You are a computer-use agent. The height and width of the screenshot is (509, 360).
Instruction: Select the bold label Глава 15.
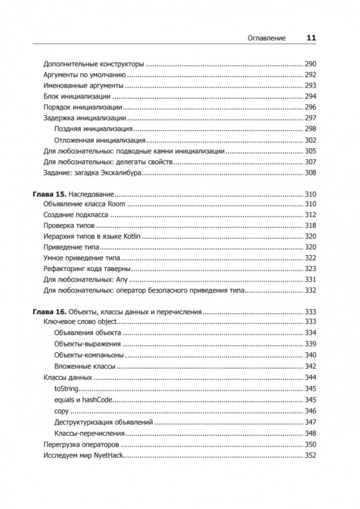point(49,194)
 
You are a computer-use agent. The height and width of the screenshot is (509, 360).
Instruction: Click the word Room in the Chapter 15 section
point(116,204)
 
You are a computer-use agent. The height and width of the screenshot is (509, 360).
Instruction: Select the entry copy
point(62,411)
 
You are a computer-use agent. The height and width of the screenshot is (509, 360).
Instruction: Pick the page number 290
point(310,65)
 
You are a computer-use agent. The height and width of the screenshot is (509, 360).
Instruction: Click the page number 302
point(310,140)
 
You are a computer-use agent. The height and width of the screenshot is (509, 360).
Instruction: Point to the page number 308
point(310,173)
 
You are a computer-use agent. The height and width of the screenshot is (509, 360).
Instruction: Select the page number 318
point(310,226)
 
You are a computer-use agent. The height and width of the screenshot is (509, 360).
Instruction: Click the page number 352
point(310,455)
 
